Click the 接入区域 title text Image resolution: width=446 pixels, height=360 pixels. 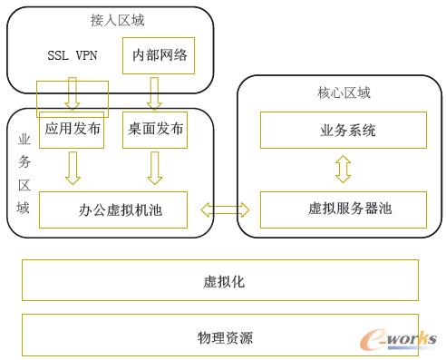(x=117, y=20)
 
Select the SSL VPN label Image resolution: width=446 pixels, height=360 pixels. (x=73, y=55)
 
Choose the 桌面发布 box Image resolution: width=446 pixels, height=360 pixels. (x=153, y=129)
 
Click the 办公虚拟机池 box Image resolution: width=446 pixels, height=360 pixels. (x=112, y=209)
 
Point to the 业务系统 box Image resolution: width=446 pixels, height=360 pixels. (x=342, y=131)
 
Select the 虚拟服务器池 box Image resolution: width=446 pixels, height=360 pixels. (x=342, y=209)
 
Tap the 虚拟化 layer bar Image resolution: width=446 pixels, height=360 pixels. (x=220, y=281)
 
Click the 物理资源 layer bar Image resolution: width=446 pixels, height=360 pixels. (x=220, y=337)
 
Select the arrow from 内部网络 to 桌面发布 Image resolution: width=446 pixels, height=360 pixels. (x=153, y=92)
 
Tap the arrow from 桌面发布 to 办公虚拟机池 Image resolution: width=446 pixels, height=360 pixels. (x=153, y=168)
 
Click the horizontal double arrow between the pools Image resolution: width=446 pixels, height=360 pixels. (x=225, y=209)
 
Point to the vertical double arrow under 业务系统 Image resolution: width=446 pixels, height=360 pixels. (x=342, y=170)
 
